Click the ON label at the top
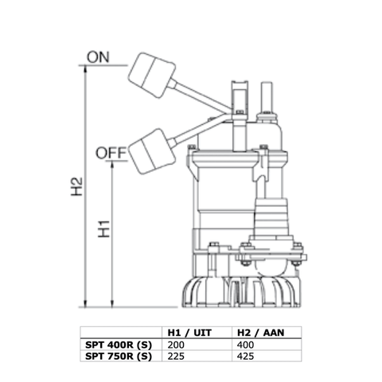(98, 57)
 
